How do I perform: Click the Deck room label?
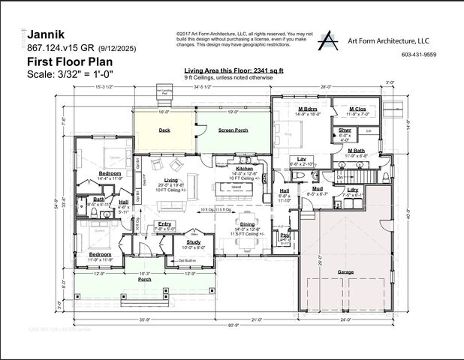coord(164,130)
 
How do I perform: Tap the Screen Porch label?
coord(232,130)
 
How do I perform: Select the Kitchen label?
coord(245,169)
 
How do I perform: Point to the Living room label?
coord(172,181)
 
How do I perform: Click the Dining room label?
coord(246,223)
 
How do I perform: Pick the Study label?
coord(194,241)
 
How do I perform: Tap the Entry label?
coord(164,224)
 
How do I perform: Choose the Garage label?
coord(346,271)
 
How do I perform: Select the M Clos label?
coord(357,109)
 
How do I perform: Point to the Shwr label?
coord(345,130)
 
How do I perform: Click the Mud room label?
coord(318,188)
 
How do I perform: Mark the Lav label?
coord(301,158)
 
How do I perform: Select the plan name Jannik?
coord(45,34)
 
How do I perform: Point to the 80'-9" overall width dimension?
coord(234,324)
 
